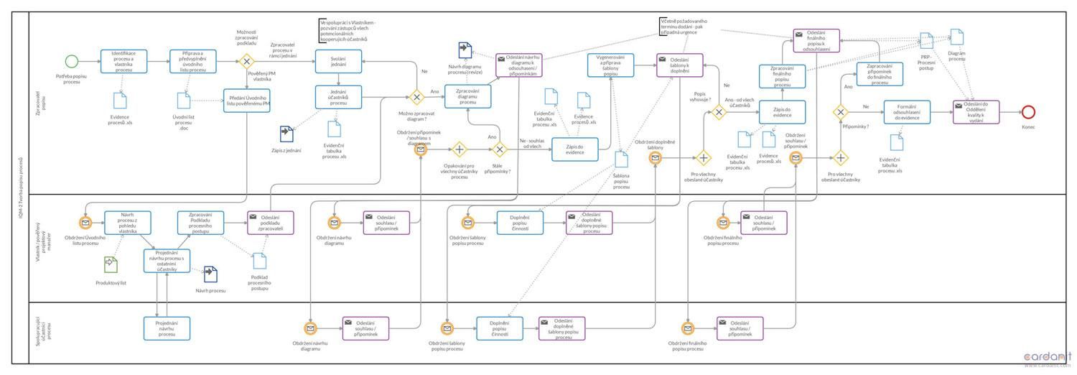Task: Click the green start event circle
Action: (x=71, y=61)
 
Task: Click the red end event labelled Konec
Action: (x=1028, y=111)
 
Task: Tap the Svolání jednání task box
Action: (x=339, y=61)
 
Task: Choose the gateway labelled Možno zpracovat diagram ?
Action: (x=416, y=97)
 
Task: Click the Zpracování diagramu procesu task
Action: (x=467, y=97)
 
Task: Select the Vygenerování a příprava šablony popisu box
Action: (x=610, y=65)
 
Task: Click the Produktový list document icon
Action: (x=110, y=265)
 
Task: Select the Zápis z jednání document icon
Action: (x=287, y=134)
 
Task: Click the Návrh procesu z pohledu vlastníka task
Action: (x=127, y=223)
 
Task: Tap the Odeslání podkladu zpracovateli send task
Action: (x=271, y=223)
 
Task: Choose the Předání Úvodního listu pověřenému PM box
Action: (x=247, y=101)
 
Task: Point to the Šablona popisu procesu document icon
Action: (x=621, y=159)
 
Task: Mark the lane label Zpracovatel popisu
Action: (x=42, y=103)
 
